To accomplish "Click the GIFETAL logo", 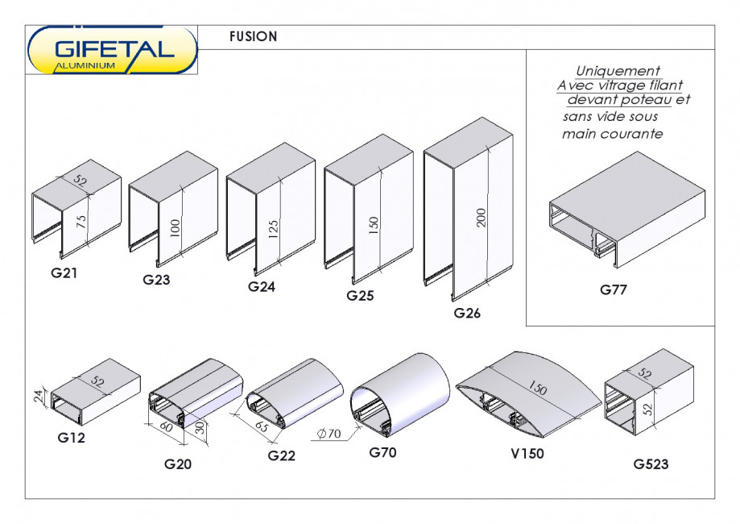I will click(113, 51).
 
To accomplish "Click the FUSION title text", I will click(253, 36).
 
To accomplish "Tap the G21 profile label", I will click(64, 272).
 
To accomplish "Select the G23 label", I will click(157, 280).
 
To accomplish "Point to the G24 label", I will click(262, 286).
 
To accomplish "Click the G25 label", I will click(360, 296).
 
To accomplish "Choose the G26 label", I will click(467, 314).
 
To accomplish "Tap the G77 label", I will click(614, 289).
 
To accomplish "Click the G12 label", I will click(72, 439).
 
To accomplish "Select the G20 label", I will click(178, 464).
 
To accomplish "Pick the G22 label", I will click(282, 455).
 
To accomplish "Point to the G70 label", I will click(383, 452).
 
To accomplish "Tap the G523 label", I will click(651, 464).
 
